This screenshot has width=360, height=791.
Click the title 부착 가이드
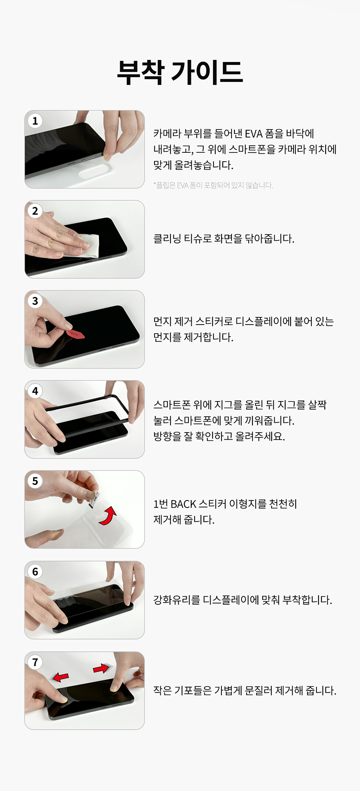tap(180, 72)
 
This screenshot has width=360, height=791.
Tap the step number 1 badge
tap(35, 121)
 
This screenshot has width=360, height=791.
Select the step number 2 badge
tap(35, 211)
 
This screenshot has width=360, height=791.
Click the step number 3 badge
tap(35, 301)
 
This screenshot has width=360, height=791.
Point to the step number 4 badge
tap(35, 391)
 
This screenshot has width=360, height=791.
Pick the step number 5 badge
tap(35, 481)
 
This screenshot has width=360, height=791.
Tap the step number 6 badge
tap(35, 572)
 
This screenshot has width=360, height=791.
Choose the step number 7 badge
tap(35, 662)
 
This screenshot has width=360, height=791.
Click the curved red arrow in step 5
tap(108, 516)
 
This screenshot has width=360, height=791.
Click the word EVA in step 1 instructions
tap(254, 134)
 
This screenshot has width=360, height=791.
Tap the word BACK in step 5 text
tap(183, 504)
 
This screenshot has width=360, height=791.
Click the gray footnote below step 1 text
tap(213, 186)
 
